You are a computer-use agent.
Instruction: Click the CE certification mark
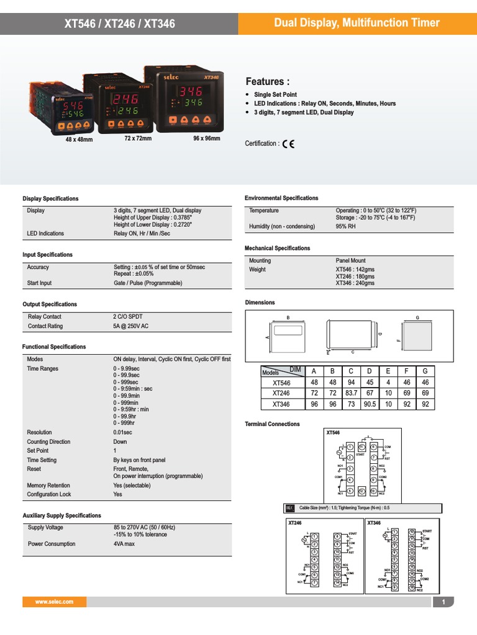[x=288, y=144]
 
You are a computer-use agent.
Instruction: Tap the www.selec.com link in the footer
[x=54, y=602]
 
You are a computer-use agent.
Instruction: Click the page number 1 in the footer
[x=443, y=602]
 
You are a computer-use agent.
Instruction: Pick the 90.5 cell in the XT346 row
[x=369, y=404]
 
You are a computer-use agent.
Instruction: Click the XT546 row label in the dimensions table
[x=281, y=383]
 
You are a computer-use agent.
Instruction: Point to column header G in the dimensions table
[x=425, y=371]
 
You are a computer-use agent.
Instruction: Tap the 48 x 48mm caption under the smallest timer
[x=79, y=140]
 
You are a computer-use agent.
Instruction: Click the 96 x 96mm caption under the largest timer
[x=207, y=138]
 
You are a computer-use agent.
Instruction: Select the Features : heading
[x=268, y=82]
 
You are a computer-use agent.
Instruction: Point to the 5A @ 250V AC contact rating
[x=132, y=326]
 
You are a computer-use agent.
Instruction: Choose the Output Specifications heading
[x=50, y=304]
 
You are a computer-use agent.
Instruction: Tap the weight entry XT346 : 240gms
[x=355, y=283]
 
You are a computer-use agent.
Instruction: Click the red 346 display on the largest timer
[x=191, y=92]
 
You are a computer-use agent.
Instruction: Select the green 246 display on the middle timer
[x=127, y=111]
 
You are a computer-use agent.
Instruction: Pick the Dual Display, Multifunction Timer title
[x=357, y=24]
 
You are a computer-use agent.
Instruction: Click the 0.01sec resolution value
[x=126, y=432]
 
